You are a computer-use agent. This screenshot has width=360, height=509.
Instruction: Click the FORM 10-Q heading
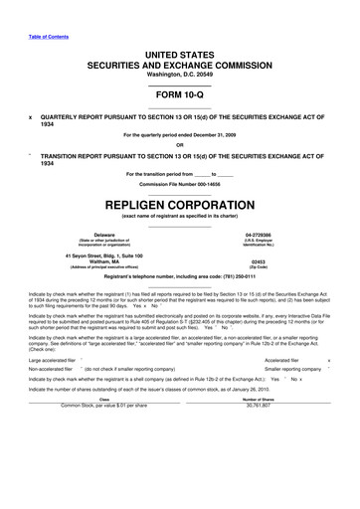pyautogui.click(x=179, y=95)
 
